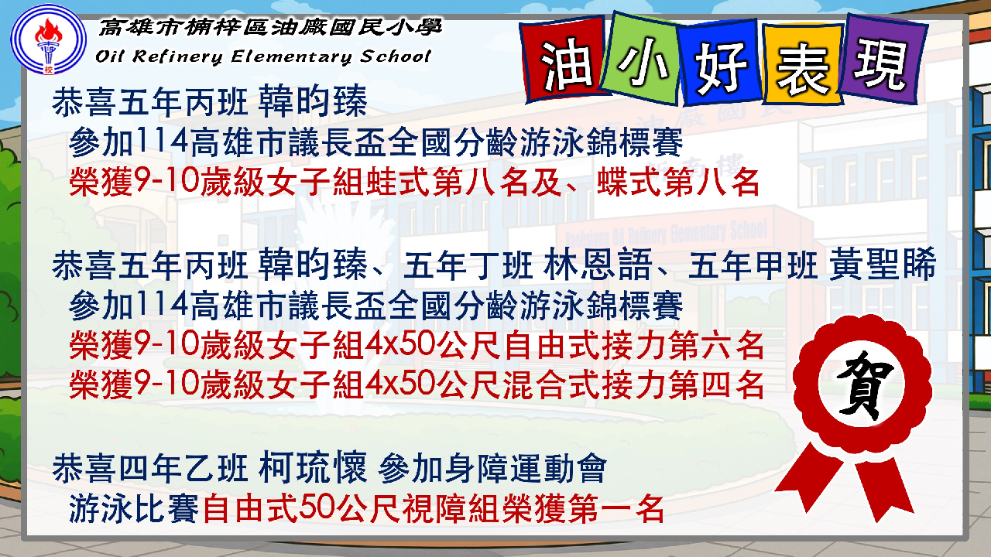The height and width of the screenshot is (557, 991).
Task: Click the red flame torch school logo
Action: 48,39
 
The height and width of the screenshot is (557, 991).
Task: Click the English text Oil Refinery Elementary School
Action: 263,56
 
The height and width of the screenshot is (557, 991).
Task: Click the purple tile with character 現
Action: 883,60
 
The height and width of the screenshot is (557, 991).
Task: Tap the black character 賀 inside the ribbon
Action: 862,384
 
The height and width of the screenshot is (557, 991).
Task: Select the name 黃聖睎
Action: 882,265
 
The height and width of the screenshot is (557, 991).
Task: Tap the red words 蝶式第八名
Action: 678,182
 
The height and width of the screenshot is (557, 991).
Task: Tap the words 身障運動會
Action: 526,468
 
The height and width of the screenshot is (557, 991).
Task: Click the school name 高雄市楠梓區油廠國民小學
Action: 270,27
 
